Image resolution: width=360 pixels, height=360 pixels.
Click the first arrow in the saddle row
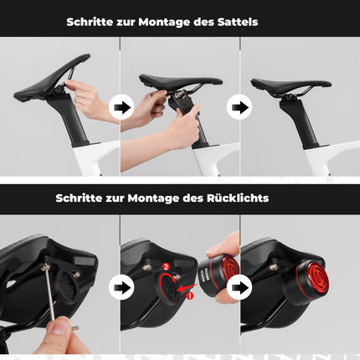click(x=122, y=107)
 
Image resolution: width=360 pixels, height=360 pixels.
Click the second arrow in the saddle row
click(x=240, y=107)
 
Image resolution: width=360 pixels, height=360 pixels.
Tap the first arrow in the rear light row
click(x=122, y=287)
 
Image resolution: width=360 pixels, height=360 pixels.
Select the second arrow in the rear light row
click(x=240, y=287)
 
